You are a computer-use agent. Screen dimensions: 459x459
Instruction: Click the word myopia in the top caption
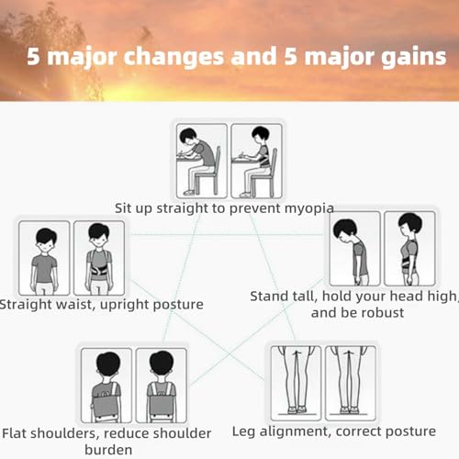click(306, 208)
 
